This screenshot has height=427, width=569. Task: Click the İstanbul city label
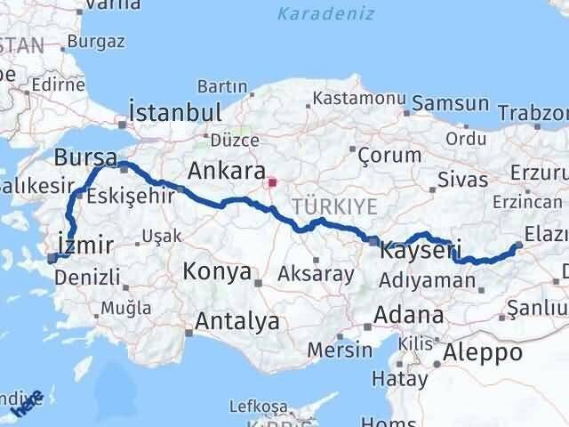[x=175, y=113]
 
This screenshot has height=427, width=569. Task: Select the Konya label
[x=217, y=272]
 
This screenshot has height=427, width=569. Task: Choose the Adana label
[x=409, y=315]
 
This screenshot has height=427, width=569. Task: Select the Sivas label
[x=462, y=181]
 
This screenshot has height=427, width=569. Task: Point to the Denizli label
[x=87, y=278]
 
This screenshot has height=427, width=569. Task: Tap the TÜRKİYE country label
[x=341, y=205]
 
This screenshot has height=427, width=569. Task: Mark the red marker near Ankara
[x=276, y=186]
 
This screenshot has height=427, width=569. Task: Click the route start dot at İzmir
[x=52, y=258]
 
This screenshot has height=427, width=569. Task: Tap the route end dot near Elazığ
[x=518, y=246]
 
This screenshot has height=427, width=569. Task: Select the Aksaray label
[x=316, y=274]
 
